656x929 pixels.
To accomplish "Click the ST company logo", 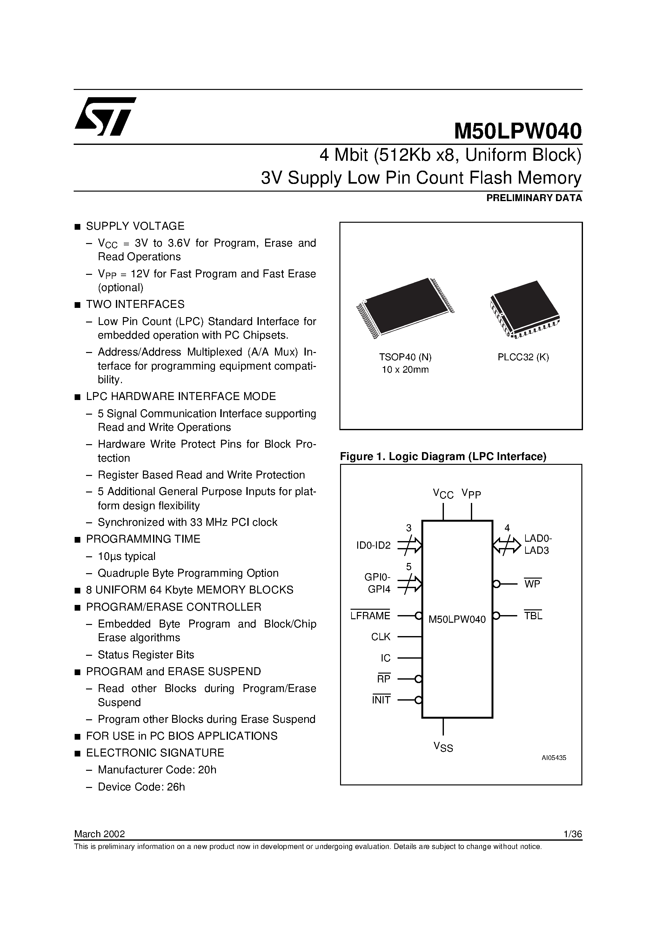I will point(105,116).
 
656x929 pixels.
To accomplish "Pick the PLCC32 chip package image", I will point(525,309).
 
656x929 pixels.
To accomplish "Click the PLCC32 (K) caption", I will point(523,357).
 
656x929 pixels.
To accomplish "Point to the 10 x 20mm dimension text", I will point(405,370).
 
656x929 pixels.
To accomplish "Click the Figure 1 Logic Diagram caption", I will point(443,457).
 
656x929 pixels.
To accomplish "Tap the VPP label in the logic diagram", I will point(471,494).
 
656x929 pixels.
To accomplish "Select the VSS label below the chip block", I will point(443,747).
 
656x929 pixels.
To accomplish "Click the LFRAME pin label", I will point(370,616).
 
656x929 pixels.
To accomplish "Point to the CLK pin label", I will point(381,637).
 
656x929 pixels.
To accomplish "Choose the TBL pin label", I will point(533,616).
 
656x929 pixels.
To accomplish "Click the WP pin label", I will point(532,584).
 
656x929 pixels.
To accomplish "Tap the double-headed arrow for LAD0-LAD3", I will point(507,546).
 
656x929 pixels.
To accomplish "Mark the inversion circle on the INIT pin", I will point(418,700).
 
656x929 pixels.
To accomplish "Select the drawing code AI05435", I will point(554,758).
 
